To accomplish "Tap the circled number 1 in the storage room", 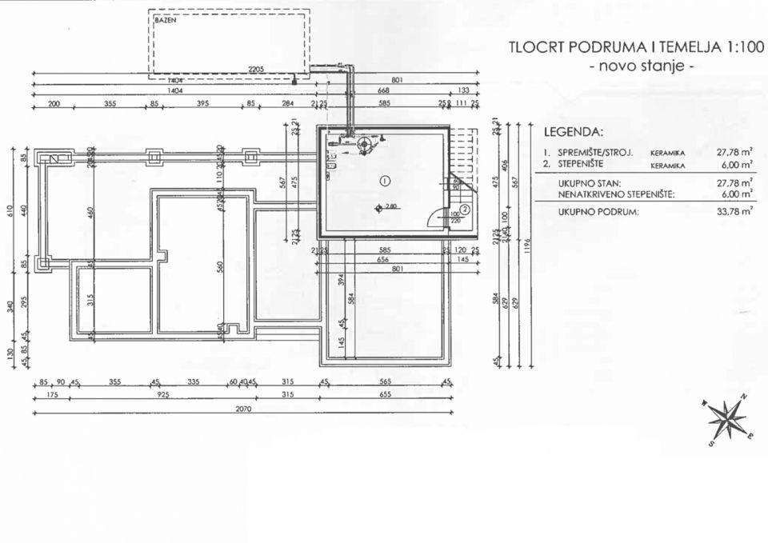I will (385, 181).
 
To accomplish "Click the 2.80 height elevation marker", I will (387, 207).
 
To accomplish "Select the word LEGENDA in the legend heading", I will (573, 131).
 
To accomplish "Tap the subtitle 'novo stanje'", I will (642, 66).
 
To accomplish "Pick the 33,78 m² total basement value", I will (735, 212).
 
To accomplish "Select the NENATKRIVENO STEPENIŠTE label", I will (616, 194).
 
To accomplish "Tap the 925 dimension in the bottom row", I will (163, 395).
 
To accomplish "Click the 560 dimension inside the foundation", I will (221, 265).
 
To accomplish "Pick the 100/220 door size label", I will (454, 218).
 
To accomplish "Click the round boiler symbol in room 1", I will (366, 146).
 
